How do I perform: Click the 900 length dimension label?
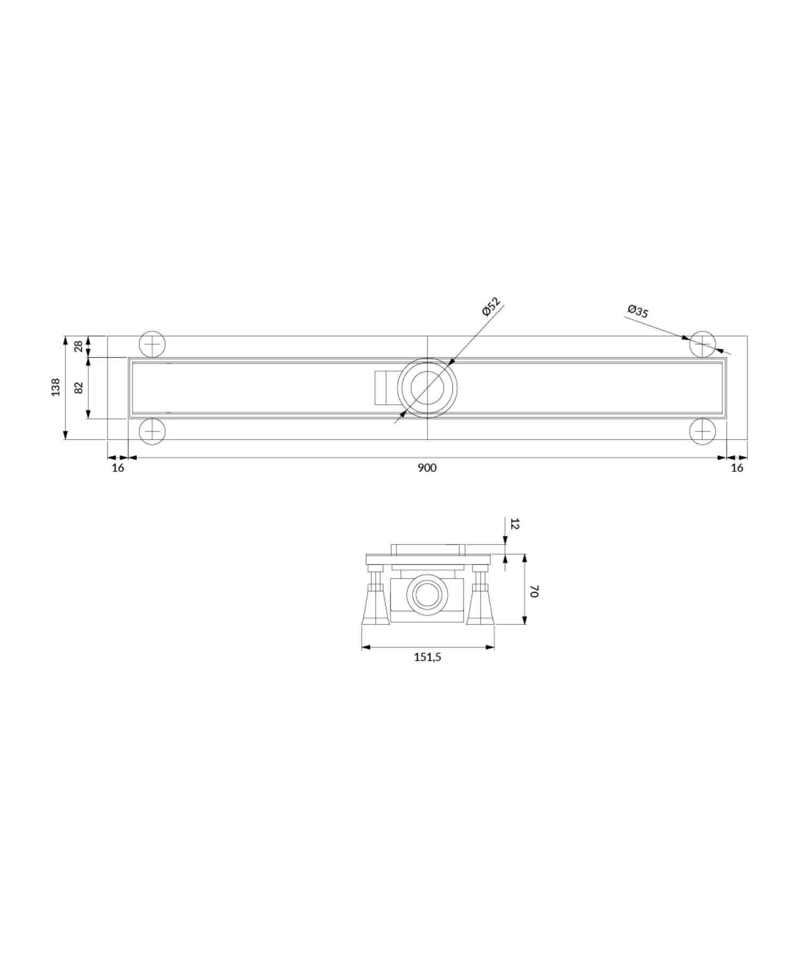427,467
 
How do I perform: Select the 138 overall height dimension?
56,387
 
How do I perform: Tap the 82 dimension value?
79,388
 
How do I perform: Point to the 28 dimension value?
79,346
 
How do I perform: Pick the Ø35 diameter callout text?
638,310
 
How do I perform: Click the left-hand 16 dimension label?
118,467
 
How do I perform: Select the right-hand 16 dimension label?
737,467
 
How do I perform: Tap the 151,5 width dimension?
428,657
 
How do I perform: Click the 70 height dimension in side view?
535,591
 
